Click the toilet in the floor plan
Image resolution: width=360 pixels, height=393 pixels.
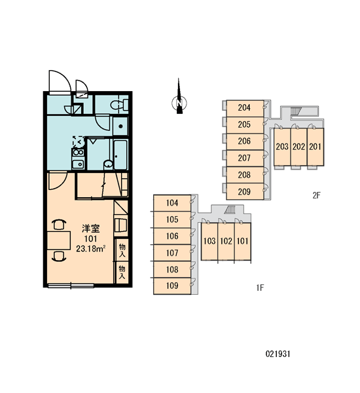119,105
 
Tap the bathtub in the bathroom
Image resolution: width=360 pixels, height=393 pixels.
120,155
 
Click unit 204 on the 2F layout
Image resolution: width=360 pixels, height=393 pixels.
245,108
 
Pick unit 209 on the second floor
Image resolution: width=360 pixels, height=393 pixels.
245,191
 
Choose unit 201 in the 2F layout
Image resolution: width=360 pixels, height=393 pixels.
315,147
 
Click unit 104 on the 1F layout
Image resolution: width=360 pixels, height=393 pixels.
172,203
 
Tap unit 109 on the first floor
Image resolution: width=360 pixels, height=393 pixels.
172,286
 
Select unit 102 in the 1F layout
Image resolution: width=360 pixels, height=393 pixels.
226,241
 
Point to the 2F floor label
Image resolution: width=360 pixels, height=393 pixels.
316,195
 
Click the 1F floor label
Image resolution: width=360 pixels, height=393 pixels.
260,288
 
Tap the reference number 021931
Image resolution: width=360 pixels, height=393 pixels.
278,354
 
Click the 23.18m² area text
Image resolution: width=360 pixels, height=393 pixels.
90,249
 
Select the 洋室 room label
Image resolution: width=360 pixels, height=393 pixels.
91,229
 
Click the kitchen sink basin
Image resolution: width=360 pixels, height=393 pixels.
78,164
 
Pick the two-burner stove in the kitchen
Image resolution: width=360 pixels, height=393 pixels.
78,153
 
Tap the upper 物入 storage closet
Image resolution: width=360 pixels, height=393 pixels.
122,250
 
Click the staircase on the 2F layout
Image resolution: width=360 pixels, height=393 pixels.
295,111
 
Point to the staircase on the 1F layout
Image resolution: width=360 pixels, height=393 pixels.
230,210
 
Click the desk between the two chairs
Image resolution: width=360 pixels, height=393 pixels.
59,240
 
